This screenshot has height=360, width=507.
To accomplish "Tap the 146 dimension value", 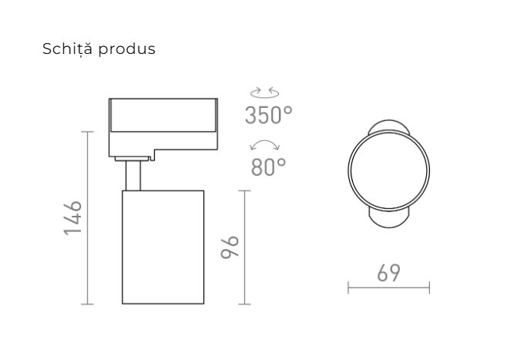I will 72,218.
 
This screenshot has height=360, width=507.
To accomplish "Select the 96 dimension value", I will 230,247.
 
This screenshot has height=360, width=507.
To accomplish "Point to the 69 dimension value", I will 388,274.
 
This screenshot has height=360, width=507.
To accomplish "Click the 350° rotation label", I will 268,116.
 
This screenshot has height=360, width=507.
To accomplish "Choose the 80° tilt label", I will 268,167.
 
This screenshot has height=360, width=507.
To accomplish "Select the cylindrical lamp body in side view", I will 163,247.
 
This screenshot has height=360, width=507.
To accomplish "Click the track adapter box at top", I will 164,123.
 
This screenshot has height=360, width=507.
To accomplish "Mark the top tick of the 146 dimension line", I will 87,132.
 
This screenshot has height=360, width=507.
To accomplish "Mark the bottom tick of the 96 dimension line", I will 244,304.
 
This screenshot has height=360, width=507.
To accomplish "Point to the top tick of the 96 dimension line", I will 244,190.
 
